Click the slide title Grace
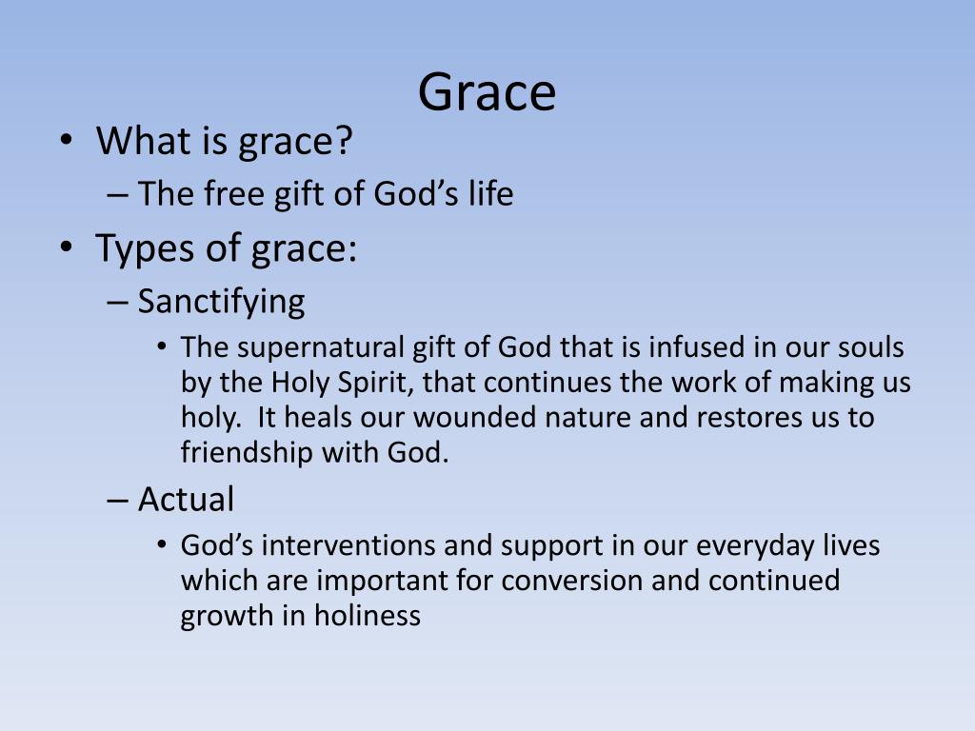point(487,93)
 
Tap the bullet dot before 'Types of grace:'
point(65,248)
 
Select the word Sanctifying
point(221,302)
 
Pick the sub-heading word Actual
point(186,499)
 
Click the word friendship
point(247,454)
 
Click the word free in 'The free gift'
point(229,195)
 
